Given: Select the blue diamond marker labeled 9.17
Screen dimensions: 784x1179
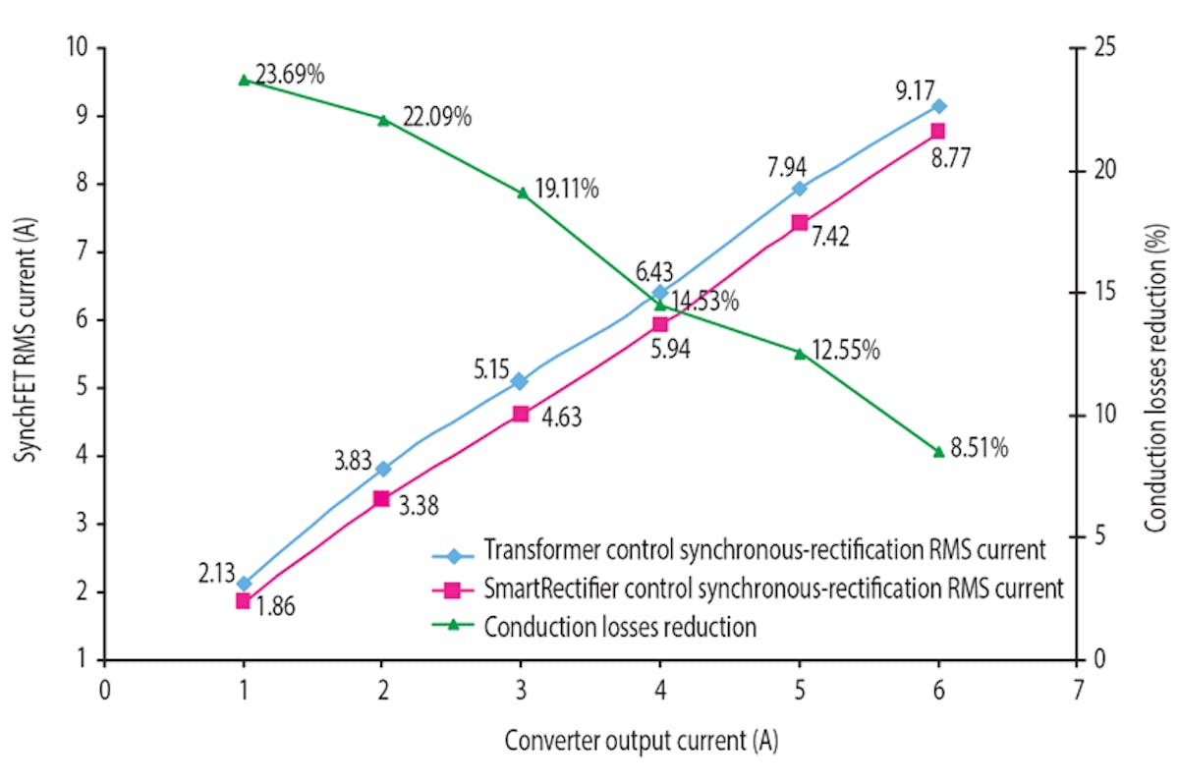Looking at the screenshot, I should click(938, 106).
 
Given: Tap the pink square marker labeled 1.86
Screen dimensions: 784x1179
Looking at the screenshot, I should click(244, 601).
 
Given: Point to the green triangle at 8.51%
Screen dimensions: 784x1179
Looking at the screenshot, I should click(938, 452).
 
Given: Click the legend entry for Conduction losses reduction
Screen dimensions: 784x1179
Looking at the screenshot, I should click(619, 627).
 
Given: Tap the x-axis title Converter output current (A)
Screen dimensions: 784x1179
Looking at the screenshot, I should click(642, 742).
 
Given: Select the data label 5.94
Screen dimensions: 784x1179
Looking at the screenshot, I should click(668, 349).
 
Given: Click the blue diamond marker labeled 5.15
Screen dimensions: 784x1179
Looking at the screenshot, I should click(521, 381).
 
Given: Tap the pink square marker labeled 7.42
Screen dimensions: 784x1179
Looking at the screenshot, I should click(800, 223).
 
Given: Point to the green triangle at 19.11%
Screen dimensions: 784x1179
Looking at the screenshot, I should click(522, 193).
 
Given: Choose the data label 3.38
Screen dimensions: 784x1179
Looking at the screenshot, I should click(417, 507).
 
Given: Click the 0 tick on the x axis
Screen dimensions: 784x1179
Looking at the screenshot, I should click(103, 690).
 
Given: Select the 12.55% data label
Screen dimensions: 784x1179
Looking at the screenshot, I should click(845, 350).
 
